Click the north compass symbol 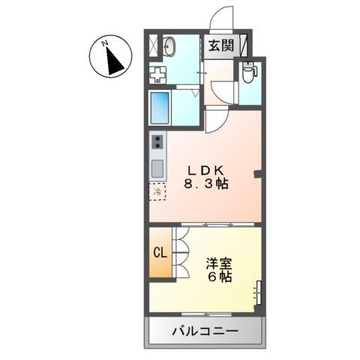pos(112,58)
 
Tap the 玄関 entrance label pos(221,45)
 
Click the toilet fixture pos(248,72)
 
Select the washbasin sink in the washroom pos(169,46)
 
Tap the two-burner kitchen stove pos(157,141)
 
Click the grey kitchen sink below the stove pos(157,167)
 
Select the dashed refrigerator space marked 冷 pos(157,192)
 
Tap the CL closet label pos(160,253)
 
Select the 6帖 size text pos(219,277)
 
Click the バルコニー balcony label pos(204,330)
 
